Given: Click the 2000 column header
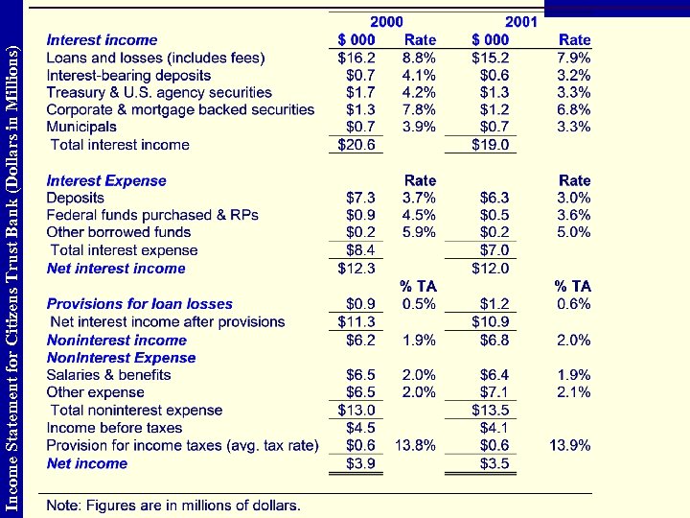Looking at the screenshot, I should point(387,21).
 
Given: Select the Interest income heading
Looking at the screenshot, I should point(102,40).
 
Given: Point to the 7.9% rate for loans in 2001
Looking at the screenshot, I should point(573,58).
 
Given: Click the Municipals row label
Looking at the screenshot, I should point(81,127).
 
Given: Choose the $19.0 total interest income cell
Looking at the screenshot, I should point(493,145).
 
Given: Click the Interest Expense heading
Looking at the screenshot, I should point(106,180).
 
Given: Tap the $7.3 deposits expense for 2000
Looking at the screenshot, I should point(360,198).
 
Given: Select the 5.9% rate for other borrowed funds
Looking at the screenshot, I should point(419,232).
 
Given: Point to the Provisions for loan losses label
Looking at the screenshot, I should point(140,304).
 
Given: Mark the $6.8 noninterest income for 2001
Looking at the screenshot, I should point(494,340).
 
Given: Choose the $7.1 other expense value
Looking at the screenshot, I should point(494,392).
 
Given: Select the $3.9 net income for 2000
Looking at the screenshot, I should point(360,463).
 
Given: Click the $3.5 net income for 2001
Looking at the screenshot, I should point(494,463).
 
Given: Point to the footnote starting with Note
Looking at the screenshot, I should point(173,505).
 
